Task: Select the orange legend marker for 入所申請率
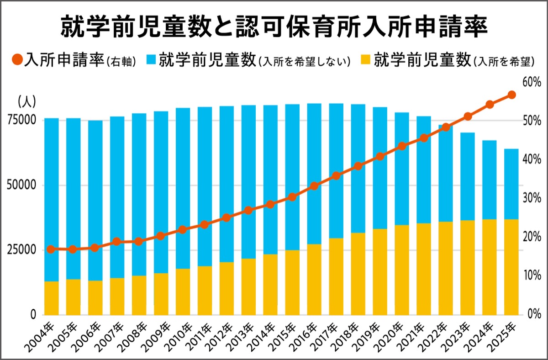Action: tap(17, 60)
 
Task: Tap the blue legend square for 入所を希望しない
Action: tap(152, 60)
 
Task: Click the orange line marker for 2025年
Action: tap(511, 95)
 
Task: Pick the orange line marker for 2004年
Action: tap(51, 249)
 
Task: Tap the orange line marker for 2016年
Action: tap(314, 186)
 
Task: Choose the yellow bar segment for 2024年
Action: tap(490, 267)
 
